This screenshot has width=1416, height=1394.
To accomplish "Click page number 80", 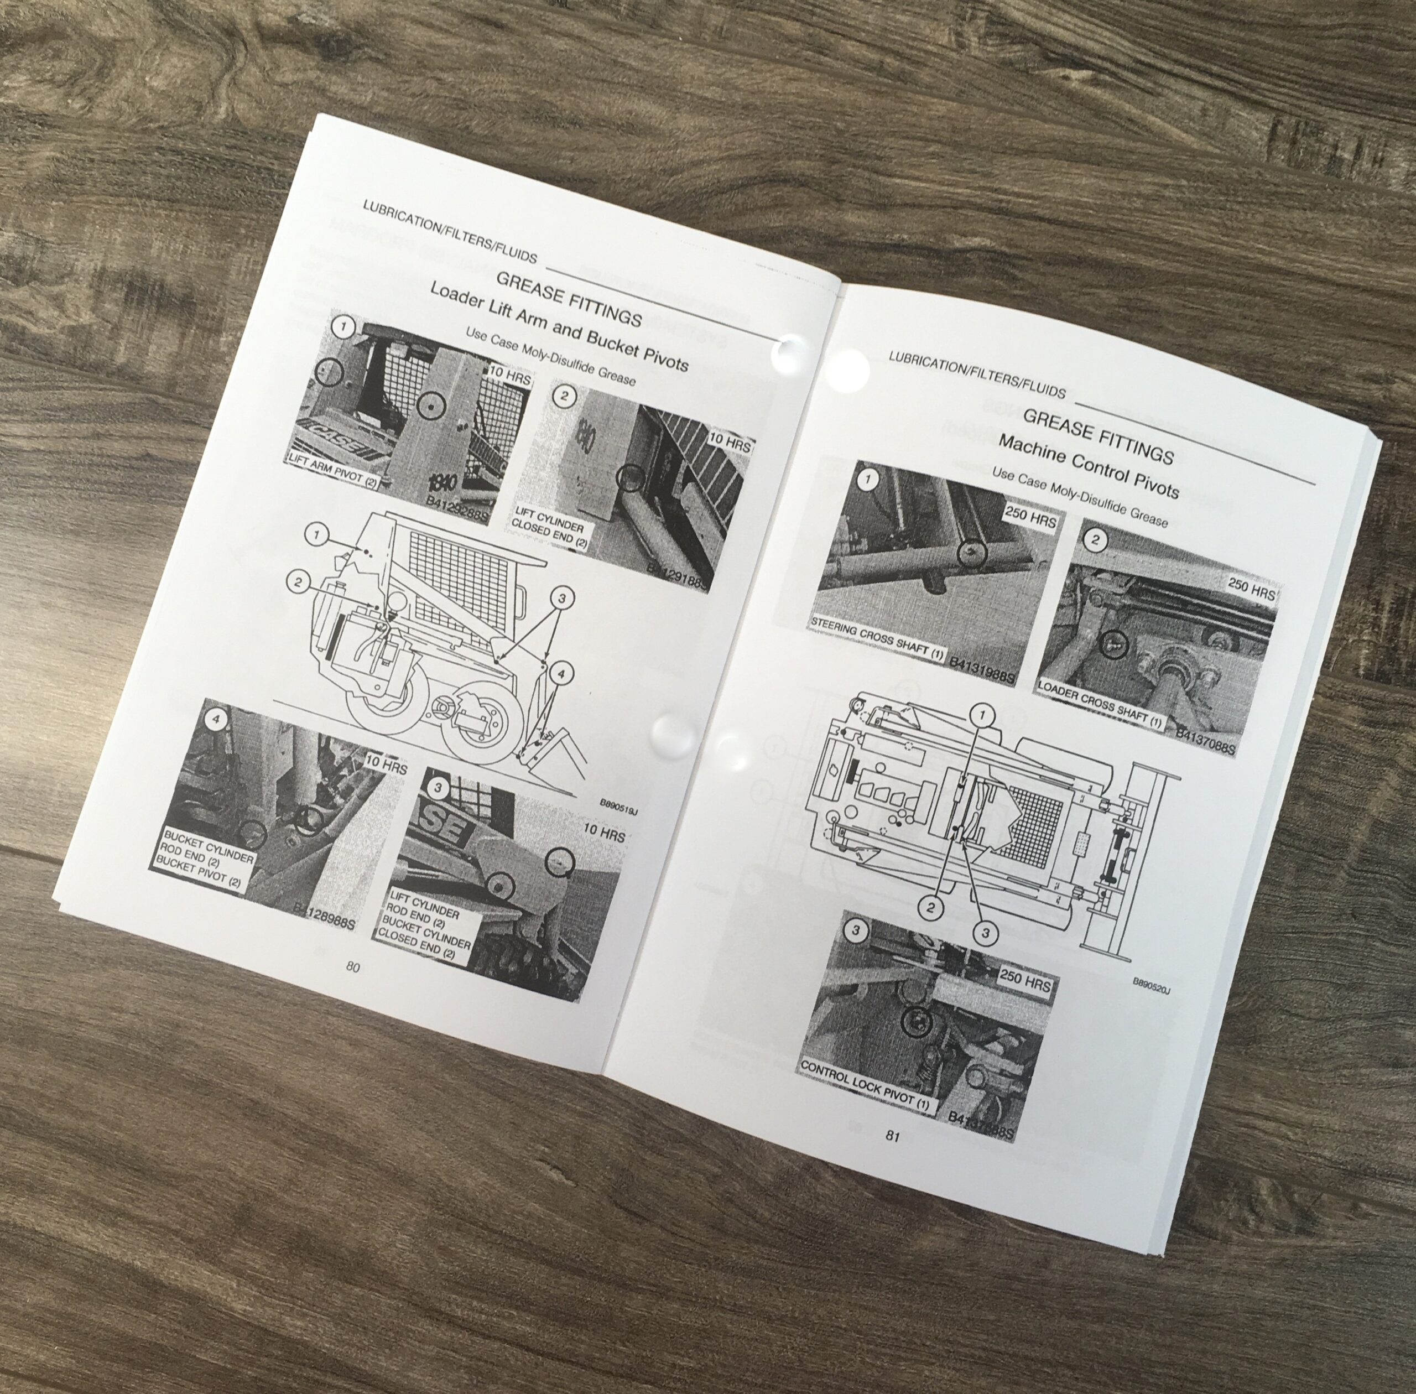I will click(353, 966).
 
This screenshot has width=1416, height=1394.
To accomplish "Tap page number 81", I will click(892, 1136).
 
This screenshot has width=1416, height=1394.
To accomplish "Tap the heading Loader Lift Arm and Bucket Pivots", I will click(559, 326).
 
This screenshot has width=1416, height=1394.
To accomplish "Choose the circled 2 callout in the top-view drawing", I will click(930, 908).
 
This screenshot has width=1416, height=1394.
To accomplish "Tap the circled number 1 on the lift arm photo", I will click(342, 326).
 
